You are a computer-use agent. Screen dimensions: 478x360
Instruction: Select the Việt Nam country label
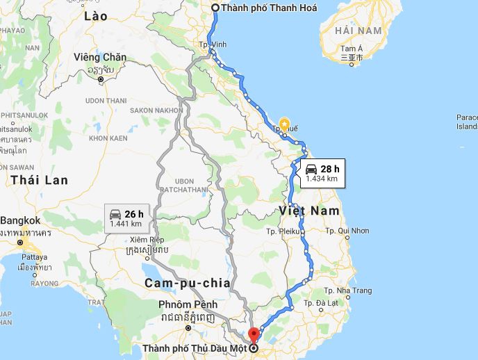click(x=310, y=210)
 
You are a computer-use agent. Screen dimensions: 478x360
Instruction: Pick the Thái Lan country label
click(x=39, y=180)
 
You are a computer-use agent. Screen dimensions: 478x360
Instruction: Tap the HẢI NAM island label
click(x=358, y=31)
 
